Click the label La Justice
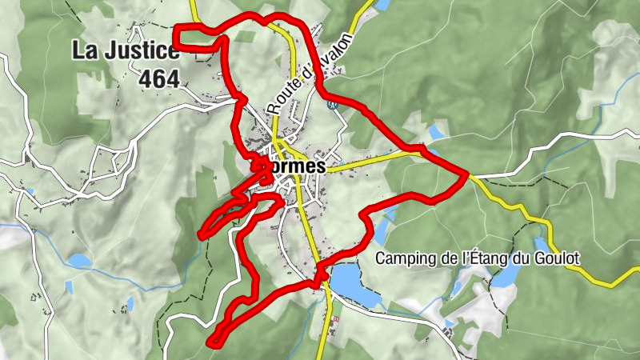click(126, 50)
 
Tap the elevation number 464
click(159, 79)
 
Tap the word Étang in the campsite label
click(486, 259)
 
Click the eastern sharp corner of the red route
click(466, 174)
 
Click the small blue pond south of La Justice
click(78, 261)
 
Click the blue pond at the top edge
click(382, 4)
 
